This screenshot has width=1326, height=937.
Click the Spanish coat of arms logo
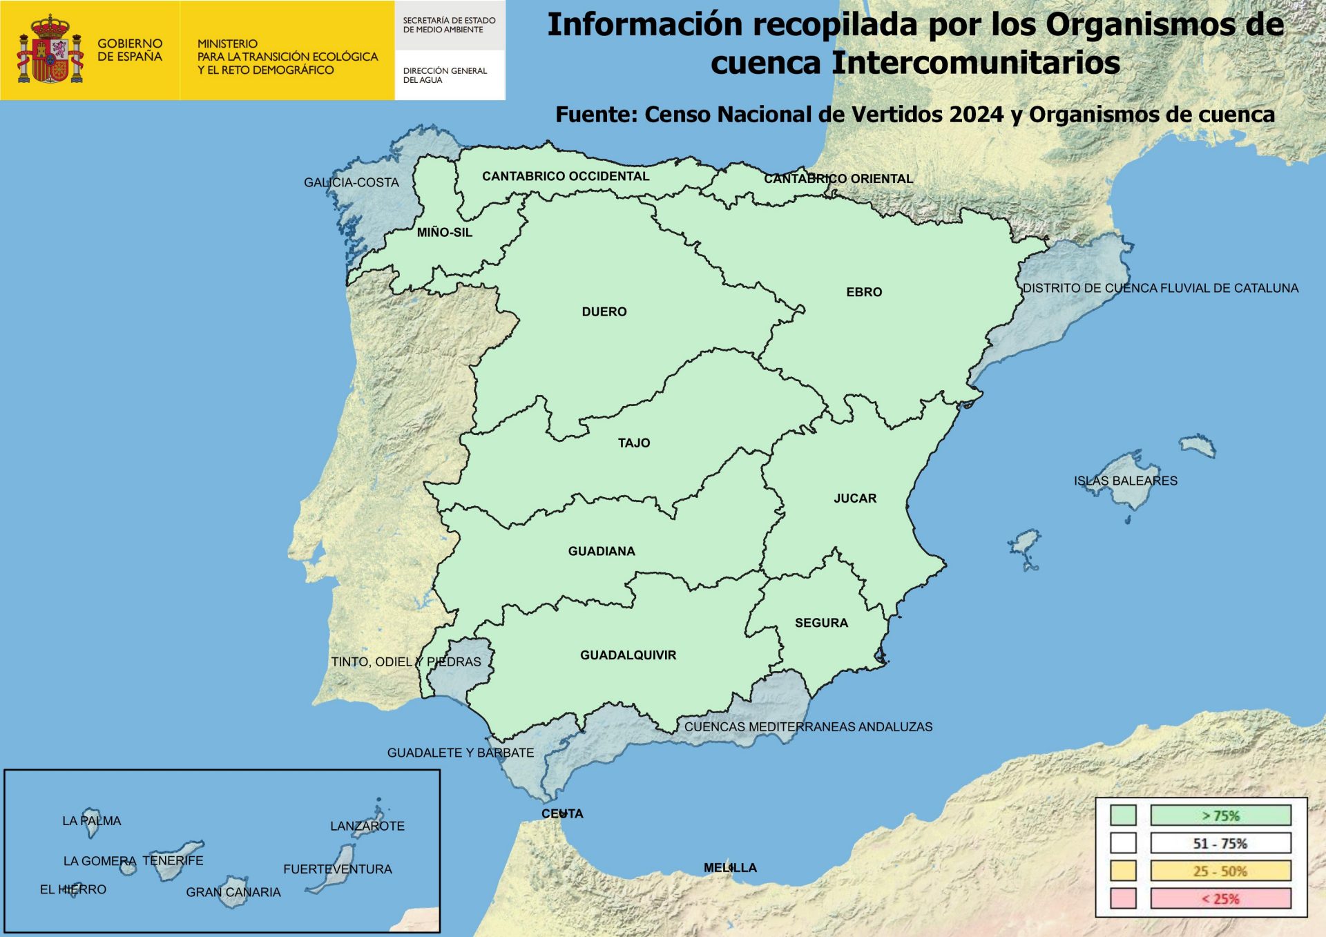pyautogui.click(x=50, y=50)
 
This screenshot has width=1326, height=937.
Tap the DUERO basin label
pyautogui.click(x=604, y=311)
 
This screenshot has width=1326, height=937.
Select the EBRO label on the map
pyautogui.click(x=864, y=292)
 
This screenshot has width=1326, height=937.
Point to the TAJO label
pyautogui.click(x=634, y=443)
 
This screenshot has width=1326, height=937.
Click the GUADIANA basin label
pyautogui.click(x=602, y=551)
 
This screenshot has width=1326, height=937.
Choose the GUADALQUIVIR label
pyautogui.click(x=628, y=655)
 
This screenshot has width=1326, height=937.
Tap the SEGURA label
pyautogui.click(x=821, y=623)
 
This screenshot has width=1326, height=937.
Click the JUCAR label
pyautogui.click(x=855, y=498)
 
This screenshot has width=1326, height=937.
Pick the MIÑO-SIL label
pyautogui.click(x=445, y=233)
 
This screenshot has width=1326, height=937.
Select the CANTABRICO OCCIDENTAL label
pyautogui.click(x=566, y=176)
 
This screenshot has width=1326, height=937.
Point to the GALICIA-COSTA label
pyautogui.click(x=352, y=182)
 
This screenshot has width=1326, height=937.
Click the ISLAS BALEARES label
pyautogui.click(x=1125, y=481)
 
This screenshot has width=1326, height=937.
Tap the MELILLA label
pyautogui.click(x=730, y=867)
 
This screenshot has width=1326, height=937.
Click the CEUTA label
pyautogui.click(x=562, y=813)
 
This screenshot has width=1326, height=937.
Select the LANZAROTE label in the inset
pyautogui.click(x=367, y=826)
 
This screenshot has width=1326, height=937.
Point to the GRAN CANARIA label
pyautogui.click(x=233, y=892)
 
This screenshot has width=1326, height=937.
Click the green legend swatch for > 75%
pyautogui.click(x=1123, y=815)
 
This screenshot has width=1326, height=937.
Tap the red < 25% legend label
pyautogui.click(x=1220, y=898)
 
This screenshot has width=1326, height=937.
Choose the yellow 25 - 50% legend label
pyautogui.click(x=1220, y=871)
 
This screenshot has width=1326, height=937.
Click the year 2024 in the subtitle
pyautogui.click(x=977, y=115)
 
